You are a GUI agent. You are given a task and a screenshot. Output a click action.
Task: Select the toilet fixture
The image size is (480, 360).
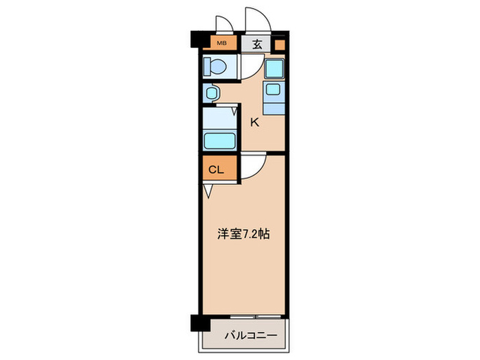click(x=215, y=67)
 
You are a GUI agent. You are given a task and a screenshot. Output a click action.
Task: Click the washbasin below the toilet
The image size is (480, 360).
click(x=211, y=92)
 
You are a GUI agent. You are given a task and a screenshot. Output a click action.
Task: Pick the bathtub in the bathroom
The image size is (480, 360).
click(x=220, y=140)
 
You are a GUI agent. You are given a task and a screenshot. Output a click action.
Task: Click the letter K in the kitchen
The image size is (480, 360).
click(x=254, y=123)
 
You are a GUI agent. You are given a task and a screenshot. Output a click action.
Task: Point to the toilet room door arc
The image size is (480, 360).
click(x=248, y=67)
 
